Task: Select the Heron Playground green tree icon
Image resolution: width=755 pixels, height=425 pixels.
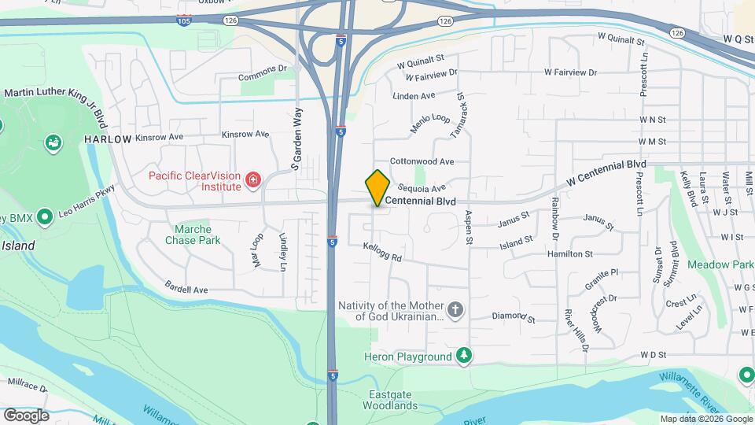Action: tap(465, 357)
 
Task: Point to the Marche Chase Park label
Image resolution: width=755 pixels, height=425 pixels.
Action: tap(193, 235)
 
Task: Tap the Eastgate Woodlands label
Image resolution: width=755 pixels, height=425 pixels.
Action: tap(390, 400)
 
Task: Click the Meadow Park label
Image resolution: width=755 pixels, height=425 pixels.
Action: tap(720, 264)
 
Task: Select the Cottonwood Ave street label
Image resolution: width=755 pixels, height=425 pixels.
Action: tap(422, 161)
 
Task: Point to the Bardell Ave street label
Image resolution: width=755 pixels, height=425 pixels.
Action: tap(186, 289)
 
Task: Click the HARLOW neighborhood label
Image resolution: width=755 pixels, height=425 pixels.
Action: tap(109, 139)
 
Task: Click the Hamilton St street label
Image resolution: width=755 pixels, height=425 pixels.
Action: tap(571, 254)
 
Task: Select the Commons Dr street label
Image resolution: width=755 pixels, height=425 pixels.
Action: tap(263, 78)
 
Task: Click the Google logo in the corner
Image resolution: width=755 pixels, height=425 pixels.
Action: tap(26, 415)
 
